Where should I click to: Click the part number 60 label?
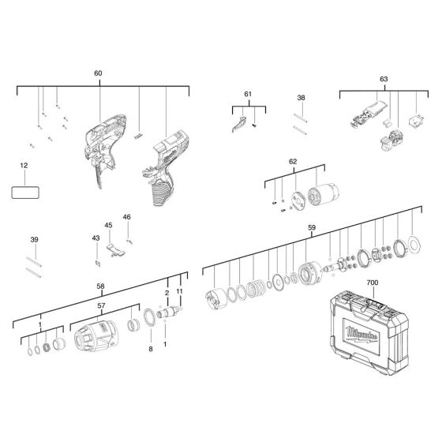(98, 73)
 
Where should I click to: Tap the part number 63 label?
(383, 79)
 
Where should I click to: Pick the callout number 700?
(373, 282)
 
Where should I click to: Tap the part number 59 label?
(312, 230)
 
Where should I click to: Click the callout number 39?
(33, 240)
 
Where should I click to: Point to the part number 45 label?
(110, 225)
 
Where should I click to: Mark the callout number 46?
(126, 217)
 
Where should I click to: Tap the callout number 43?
(96, 238)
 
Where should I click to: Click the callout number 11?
(179, 291)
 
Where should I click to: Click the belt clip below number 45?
(114, 249)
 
